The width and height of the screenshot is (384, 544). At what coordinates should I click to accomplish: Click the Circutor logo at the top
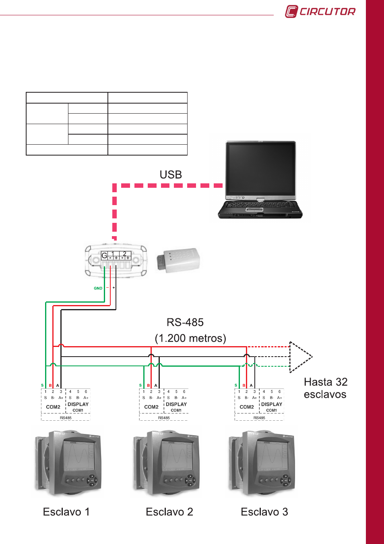(320, 11)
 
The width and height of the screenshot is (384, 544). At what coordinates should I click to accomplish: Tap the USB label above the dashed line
(171, 174)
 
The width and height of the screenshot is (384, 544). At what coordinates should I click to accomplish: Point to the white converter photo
(178, 260)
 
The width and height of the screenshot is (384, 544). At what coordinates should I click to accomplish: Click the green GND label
(98, 288)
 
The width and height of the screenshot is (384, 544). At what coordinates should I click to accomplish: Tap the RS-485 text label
(185, 322)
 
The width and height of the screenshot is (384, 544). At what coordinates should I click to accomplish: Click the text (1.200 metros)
(190, 338)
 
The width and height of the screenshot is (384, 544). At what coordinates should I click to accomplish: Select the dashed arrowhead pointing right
(300, 357)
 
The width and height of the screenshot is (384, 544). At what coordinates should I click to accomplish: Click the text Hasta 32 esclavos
(325, 388)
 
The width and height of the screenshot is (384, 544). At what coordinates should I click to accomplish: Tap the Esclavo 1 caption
(66, 512)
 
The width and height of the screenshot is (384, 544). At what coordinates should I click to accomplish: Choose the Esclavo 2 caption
(169, 512)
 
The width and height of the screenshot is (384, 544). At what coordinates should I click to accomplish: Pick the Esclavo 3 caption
(264, 512)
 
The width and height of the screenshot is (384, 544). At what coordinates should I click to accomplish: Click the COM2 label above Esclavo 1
(53, 407)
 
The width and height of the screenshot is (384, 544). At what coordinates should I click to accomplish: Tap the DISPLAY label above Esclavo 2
(176, 404)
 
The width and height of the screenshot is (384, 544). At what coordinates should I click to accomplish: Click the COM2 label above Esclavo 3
(247, 407)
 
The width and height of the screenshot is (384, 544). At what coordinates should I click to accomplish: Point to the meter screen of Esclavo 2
(177, 456)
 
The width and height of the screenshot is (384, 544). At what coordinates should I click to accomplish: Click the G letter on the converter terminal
(104, 255)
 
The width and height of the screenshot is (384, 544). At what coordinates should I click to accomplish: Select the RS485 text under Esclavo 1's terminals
(66, 418)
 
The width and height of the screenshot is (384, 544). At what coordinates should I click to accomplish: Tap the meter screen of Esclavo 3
(273, 456)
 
